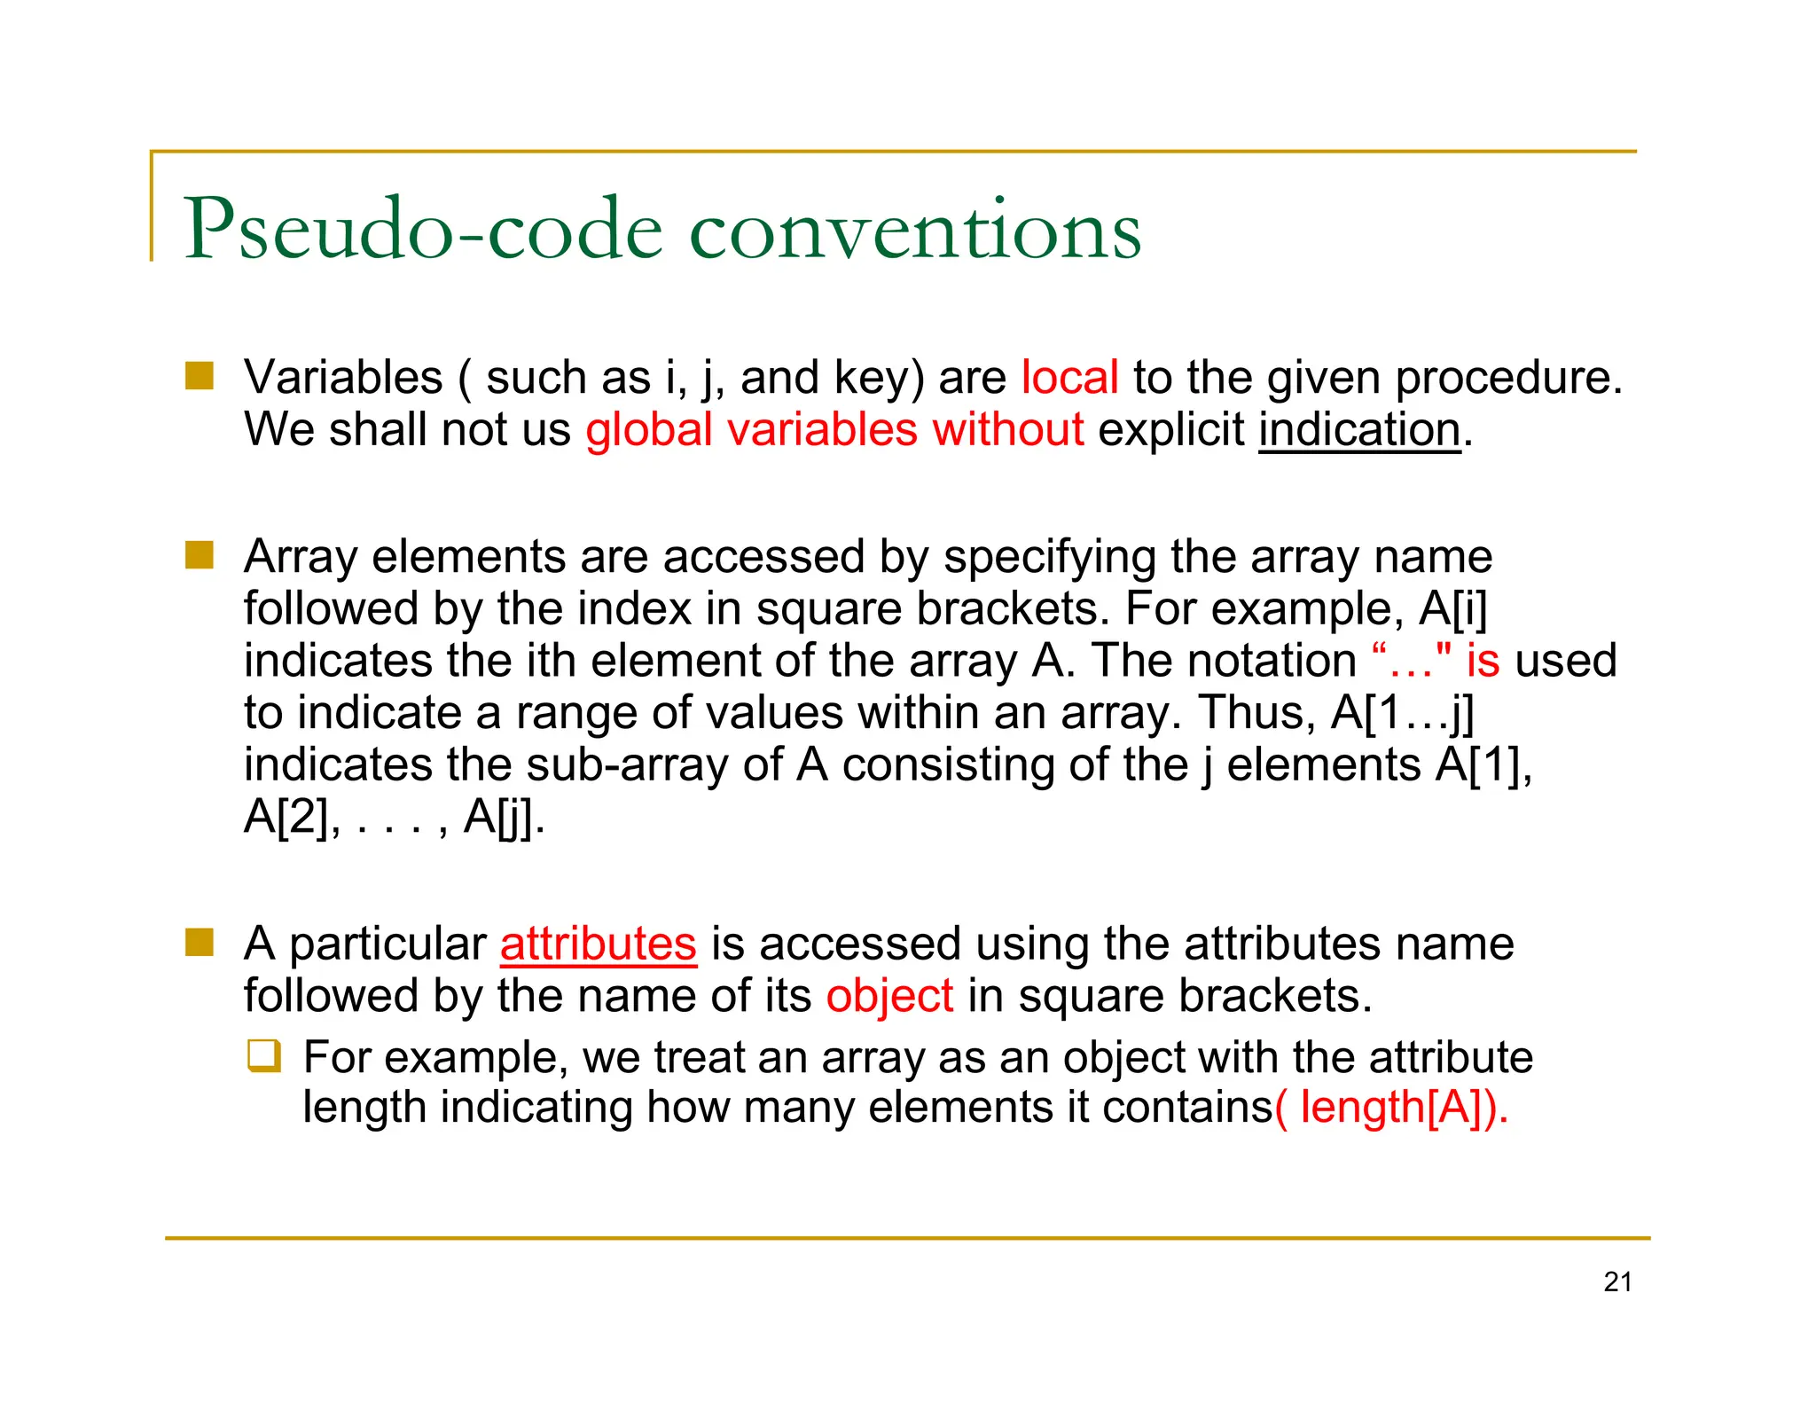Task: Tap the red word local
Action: (1069, 378)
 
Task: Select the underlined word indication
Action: (1358, 430)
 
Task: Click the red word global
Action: (649, 430)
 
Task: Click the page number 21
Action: (1617, 1282)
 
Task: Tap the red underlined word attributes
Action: (599, 944)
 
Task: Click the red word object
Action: (889, 996)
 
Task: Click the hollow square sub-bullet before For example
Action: (264, 1056)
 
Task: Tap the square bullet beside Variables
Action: (200, 376)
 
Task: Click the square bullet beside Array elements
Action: (200, 555)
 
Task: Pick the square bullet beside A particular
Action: (200, 943)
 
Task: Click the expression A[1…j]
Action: (1403, 713)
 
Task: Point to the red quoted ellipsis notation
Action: (1411, 661)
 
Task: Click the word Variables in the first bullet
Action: (343, 378)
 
